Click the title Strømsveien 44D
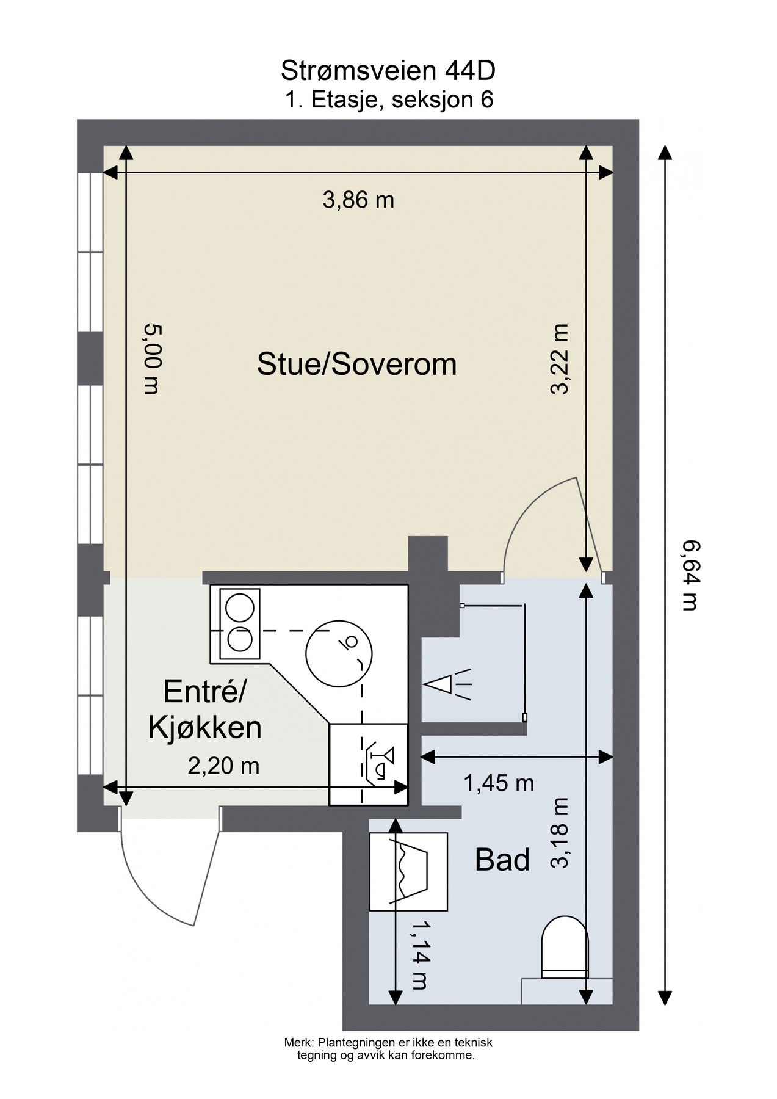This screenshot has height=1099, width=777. click(x=388, y=71)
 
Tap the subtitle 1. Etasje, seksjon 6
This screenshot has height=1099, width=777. click(x=389, y=100)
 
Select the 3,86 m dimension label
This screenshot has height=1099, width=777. click(x=358, y=200)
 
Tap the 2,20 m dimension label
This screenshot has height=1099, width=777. click(x=223, y=766)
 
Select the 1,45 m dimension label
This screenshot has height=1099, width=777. click(x=499, y=783)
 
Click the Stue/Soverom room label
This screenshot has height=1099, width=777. click(x=357, y=365)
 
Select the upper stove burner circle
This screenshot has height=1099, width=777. click(x=239, y=608)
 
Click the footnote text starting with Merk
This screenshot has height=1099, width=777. click(x=388, y=1048)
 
